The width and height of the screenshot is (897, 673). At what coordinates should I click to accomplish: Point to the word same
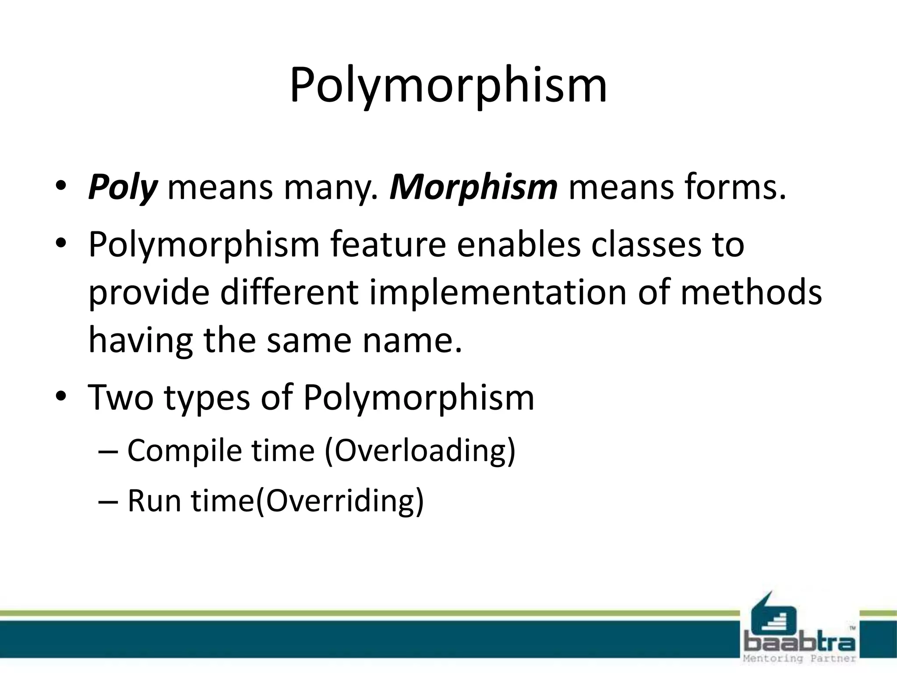pyautogui.click(x=309, y=340)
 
